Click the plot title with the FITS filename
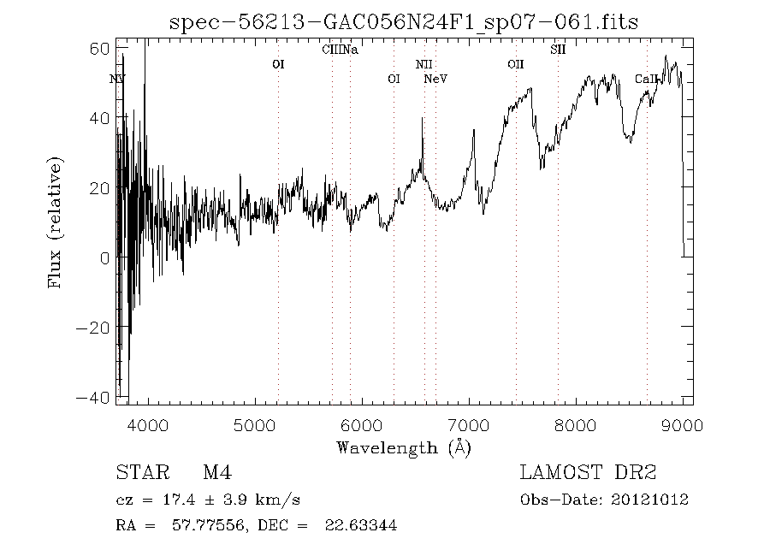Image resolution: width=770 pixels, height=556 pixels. point(403,21)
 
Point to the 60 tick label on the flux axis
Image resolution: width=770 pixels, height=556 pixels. point(99,48)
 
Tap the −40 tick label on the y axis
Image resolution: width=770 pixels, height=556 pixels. point(94,397)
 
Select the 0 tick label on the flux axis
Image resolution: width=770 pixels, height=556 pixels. point(105,257)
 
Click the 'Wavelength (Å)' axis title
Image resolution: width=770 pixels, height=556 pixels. point(403,447)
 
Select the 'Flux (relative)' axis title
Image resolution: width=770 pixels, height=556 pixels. point(56,222)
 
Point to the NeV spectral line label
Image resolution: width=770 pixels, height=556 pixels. point(435,80)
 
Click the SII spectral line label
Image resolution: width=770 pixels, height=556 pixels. point(558,50)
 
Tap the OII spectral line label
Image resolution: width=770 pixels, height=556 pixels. point(515,64)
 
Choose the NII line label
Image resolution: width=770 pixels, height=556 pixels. point(424,64)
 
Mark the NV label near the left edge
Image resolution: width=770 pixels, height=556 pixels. point(118,80)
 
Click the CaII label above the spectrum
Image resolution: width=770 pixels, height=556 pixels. point(647,80)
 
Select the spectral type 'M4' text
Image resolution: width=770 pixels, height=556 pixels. point(216,472)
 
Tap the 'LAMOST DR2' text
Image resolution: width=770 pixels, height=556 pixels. point(588,472)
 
